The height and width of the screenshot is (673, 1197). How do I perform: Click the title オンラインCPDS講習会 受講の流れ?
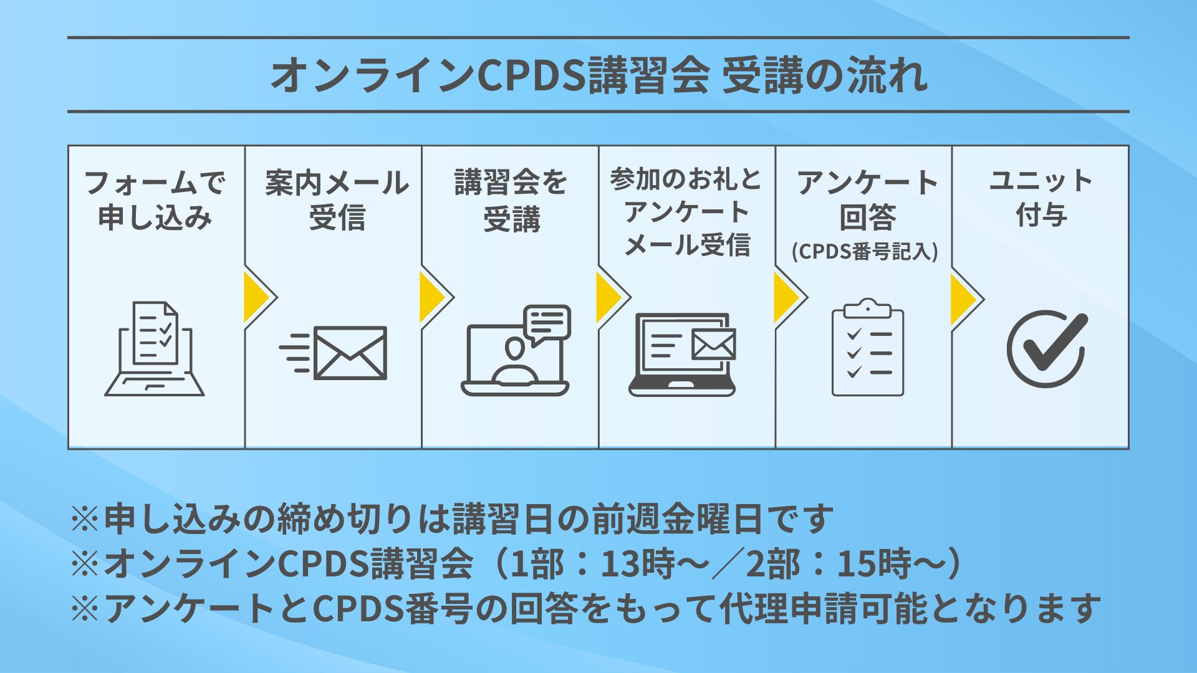point(598,75)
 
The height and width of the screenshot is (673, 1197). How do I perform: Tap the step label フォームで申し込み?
point(155,199)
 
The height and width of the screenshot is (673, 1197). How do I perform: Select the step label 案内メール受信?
point(337,199)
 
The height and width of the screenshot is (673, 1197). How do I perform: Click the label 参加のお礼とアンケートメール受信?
point(686,212)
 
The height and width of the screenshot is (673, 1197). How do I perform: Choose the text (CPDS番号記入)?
point(865,252)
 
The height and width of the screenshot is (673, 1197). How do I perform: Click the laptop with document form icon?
point(155,349)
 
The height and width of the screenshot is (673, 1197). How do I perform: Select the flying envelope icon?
point(334,353)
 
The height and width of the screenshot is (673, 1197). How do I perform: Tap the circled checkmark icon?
point(1046,348)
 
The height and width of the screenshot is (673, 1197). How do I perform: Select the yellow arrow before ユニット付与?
point(964,299)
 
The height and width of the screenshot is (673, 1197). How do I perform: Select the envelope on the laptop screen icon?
point(713,345)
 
